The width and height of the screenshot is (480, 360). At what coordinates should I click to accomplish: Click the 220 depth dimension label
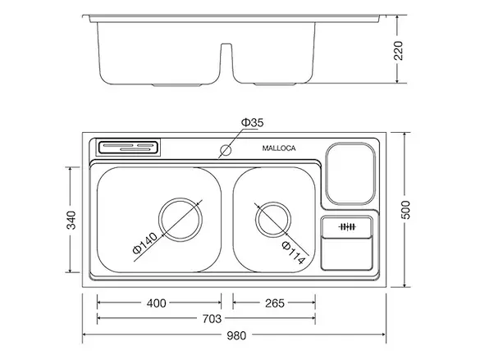click(x=399, y=51)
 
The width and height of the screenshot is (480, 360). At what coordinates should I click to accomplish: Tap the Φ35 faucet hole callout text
click(x=252, y=123)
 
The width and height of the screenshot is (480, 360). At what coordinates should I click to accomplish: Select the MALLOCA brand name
click(x=279, y=148)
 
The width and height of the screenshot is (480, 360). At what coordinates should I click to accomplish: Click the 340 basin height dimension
click(x=71, y=220)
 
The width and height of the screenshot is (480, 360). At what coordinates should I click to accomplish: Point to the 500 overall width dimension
click(x=406, y=210)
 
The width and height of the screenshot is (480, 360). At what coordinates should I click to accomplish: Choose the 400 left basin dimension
click(x=156, y=303)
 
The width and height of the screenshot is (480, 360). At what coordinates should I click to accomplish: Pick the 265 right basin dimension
click(x=275, y=303)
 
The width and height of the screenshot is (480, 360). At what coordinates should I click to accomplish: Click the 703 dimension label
click(x=212, y=319)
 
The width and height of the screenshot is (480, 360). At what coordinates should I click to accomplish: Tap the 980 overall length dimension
click(x=236, y=335)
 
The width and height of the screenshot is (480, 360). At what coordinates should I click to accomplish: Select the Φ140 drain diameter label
click(x=145, y=244)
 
